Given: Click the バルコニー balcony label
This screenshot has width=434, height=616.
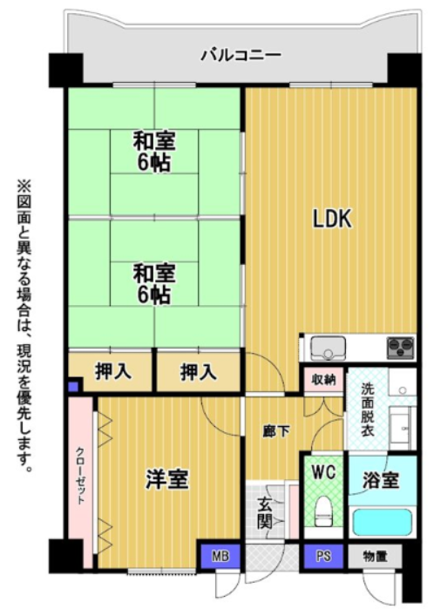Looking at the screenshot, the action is [241, 55].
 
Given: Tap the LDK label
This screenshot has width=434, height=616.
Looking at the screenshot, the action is [332, 219].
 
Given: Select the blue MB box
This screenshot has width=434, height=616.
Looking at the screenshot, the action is [220, 556].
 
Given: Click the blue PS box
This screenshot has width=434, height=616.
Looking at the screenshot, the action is [323, 556].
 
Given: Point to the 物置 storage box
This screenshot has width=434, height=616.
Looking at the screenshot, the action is [375, 556].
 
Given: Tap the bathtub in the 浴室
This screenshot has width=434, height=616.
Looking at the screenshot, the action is [383, 522].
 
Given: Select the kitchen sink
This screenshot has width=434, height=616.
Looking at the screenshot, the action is [329, 348].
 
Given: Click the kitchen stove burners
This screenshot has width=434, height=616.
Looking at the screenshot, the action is [401, 348].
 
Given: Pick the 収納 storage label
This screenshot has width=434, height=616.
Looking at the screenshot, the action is [323, 380].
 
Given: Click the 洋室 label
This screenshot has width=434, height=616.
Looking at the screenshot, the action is [167, 479].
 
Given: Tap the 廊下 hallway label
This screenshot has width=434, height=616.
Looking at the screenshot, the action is [277, 432].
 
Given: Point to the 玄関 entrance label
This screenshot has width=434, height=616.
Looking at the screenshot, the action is [265, 513].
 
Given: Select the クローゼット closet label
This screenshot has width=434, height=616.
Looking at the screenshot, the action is [80, 475].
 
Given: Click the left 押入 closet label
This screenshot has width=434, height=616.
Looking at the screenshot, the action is [113, 371].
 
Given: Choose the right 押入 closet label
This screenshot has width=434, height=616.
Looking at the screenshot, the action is [199, 371].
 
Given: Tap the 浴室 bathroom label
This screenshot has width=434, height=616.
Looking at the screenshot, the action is [381, 479].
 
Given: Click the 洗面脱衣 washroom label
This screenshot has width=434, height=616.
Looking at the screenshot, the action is [368, 409].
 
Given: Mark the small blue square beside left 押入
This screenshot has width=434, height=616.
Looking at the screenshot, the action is [73, 387].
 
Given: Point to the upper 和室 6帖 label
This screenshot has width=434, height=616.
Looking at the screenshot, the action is [154, 152].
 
